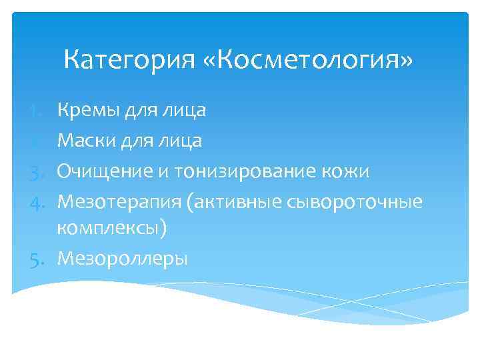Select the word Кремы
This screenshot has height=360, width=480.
86,110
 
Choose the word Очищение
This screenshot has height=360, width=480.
104,171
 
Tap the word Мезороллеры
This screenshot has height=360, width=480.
122,258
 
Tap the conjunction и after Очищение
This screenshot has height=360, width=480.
163,172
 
